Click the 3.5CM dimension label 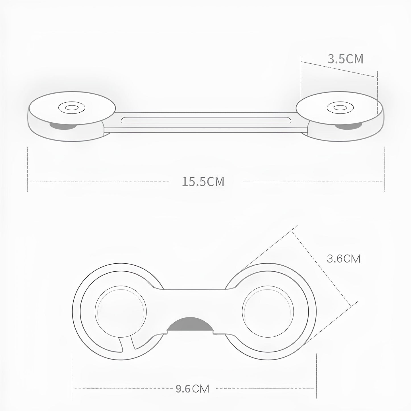coord(345,59)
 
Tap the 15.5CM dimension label coord(203,182)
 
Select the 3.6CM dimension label coord(344,259)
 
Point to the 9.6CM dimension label coord(192,389)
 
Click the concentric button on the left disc coord(72,108)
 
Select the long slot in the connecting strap coord(206,120)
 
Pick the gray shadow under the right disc coord(348,125)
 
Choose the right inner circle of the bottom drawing coord(268,308)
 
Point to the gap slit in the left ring coord(127,343)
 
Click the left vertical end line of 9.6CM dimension coord(72,375)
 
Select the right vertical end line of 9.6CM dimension coord(317,375)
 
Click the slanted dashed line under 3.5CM coord(339,69)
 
